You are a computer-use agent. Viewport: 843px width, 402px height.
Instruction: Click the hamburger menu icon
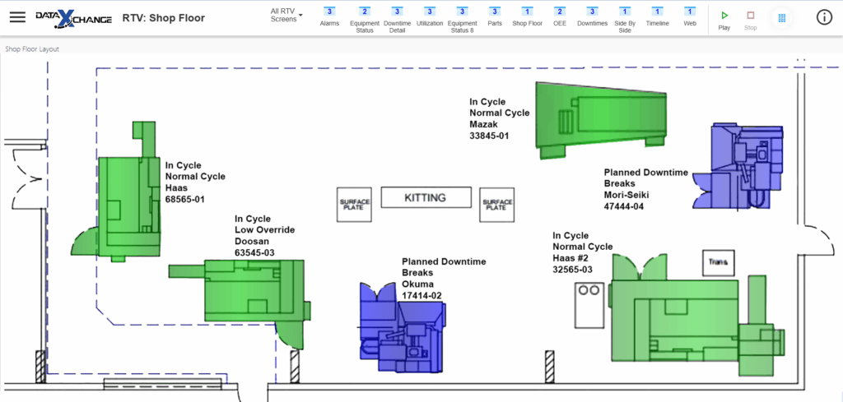pyautogui.click(x=18, y=17)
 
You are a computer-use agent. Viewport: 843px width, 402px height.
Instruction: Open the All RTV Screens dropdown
pyautogui.click(x=286, y=15)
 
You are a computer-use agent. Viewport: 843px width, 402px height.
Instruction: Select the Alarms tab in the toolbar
pyautogui.click(x=329, y=16)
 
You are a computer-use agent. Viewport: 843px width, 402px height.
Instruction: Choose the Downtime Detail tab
pyautogui.click(x=397, y=20)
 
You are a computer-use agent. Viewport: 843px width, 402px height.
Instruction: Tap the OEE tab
pyautogui.click(x=560, y=16)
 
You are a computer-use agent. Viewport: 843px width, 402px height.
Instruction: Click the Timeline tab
pyautogui.click(x=657, y=16)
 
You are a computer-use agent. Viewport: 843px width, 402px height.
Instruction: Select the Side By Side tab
pyautogui.click(x=625, y=20)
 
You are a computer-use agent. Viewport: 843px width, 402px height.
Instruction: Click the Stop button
pyautogui.click(x=751, y=21)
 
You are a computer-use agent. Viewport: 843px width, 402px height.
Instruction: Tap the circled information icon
pyautogui.click(x=823, y=17)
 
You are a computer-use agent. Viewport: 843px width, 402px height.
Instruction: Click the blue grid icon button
pyautogui.click(x=782, y=18)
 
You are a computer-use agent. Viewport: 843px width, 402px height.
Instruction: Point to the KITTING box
pyautogui.click(x=426, y=197)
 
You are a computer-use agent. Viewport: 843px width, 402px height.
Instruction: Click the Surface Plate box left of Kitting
pyautogui.click(x=355, y=205)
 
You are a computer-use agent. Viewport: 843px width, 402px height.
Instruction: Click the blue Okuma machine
pyautogui.click(x=402, y=327)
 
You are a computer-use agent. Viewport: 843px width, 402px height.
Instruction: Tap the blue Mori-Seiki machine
pyautogui.click(x=738, y=166)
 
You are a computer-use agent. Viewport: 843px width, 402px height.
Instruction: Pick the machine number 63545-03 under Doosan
pyautogui.click(x=255, y=252)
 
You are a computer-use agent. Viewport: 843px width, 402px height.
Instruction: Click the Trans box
pyautogui.click(x=719, y=263)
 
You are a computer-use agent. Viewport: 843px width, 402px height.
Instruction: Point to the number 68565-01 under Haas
pyautogui.click(x=185, y=199)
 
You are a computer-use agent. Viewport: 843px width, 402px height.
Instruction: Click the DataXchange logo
pyautogui.click(x=73, y=18)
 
